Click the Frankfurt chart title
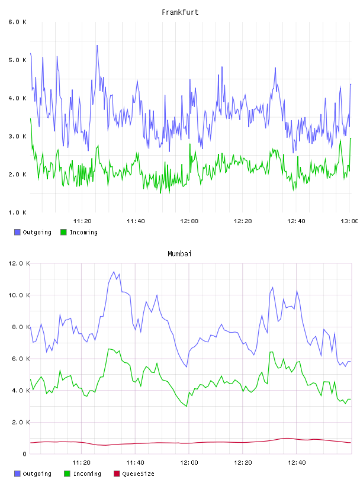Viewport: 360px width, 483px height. (x=180, y=12)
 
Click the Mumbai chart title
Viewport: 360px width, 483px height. (x=179, y=254)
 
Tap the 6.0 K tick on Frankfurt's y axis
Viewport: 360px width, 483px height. (x=17, y=22)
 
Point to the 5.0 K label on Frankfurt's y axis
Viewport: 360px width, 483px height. (x=17, y=60)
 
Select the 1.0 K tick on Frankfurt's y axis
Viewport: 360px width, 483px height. (x=17, y=212)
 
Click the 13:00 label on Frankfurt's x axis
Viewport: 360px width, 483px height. (x=349, y=221)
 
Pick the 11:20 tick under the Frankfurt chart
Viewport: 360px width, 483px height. (x=82, y=221)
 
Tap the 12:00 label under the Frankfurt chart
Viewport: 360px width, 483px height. (x=189, y=221)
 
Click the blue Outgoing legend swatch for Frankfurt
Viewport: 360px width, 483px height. (x=17, y=232)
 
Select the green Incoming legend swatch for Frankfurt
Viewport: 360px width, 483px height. (x=63, y=232)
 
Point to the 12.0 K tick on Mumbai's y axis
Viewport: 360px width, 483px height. (x=19, y=263)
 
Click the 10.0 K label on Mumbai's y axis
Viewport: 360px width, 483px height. (x=19, y=295)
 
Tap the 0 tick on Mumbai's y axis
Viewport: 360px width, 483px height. (x=25, y=454)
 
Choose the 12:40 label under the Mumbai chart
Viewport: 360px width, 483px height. (x=297, y=463)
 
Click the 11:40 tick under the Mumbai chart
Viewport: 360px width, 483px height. (x=135, y=463)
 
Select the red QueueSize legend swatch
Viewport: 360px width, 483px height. (x=117, y=474)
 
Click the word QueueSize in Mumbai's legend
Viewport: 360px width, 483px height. (x=138, y=474)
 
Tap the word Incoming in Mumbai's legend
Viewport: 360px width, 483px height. (x=87, y=474)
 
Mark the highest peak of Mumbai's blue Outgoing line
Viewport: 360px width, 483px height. (x=114, y=272)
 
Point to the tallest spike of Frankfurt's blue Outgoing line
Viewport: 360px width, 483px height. (x=97, y=46)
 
